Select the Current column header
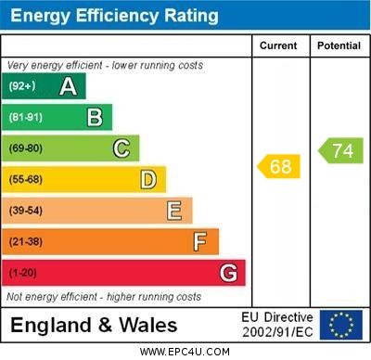click(278, 45)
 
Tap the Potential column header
click(339, 45)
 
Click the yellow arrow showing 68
click(277, 167)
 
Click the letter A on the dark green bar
click(68, 86)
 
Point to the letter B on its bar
click(95, 117)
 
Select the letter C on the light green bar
click(122, 148)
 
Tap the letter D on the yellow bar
click(148, 179)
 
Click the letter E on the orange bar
click(174, 211)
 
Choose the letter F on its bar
click(200, 242)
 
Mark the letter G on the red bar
click(228, 273)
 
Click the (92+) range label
click(21, 86)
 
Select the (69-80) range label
click(25, 148)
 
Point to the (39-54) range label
click(25, 211)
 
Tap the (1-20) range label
click(22, 273)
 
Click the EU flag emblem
click(340, 325)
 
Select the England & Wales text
click(94, 325)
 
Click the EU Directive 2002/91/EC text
click(277, 325)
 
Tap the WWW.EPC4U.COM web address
click(185, 352)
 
